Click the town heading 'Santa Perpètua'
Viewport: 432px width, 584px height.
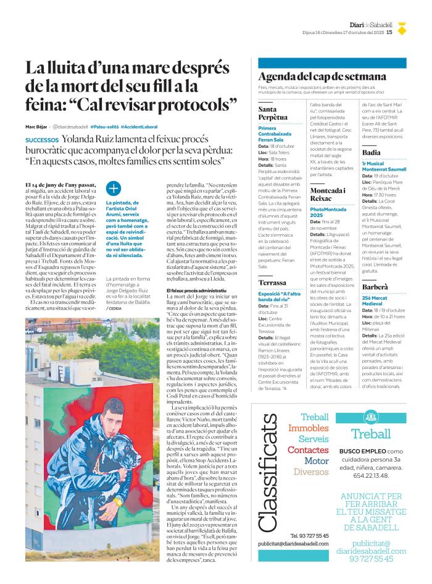[x=273, y=113]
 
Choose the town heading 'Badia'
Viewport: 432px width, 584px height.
[x=372, y=152]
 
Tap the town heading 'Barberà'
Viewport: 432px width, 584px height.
[x=375, y=287]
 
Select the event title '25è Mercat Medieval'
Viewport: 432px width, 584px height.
[x=376, y=301]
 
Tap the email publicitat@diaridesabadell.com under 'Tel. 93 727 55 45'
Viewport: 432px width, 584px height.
[x=293, y=543]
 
